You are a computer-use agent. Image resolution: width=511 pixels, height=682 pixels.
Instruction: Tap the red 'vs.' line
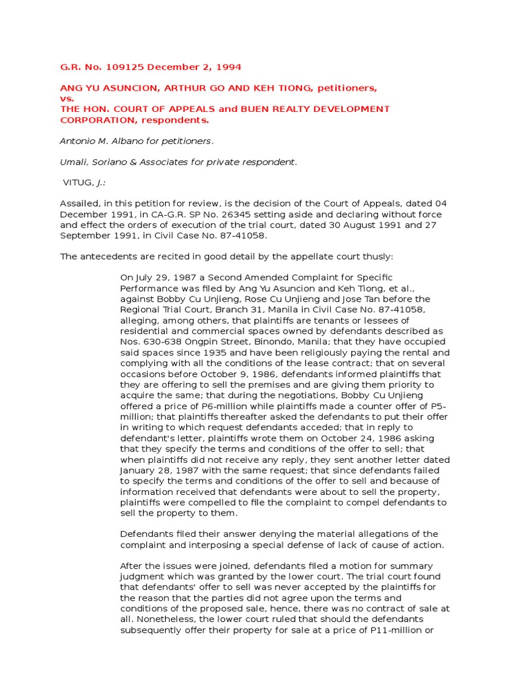pos(68,98)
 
